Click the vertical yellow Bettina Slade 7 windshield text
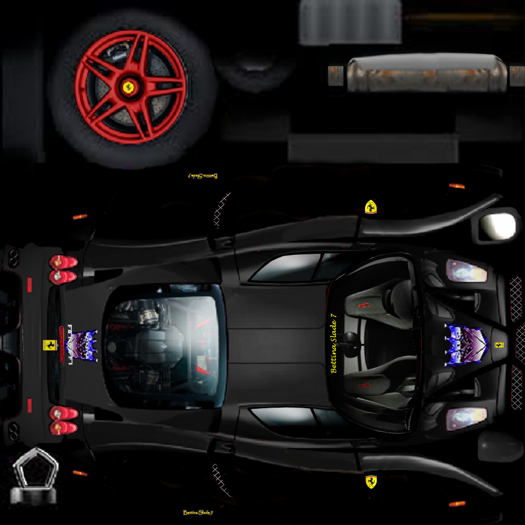coord(334,346)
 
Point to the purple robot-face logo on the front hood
coord(465,345)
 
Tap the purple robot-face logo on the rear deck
coord(84,345)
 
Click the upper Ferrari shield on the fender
coord(371,207)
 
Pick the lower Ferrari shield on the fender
coord(371,481)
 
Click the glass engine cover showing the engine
coord(164,345)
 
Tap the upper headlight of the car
coord(466,271)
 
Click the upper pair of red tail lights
coord(63,270)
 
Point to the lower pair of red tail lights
coord(63,420)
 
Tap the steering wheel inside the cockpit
coord(351,345)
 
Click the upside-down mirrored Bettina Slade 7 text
coord(203,176)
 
